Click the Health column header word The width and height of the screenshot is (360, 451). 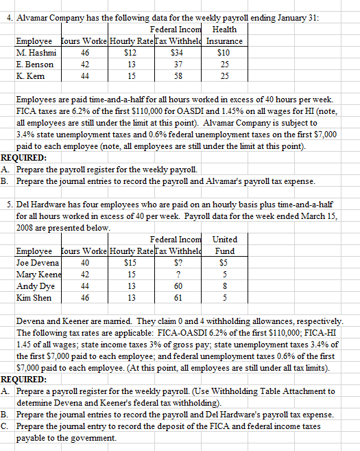[224, 29]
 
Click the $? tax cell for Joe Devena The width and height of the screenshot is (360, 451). [182, 262]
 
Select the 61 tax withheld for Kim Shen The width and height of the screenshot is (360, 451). [182, 297]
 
